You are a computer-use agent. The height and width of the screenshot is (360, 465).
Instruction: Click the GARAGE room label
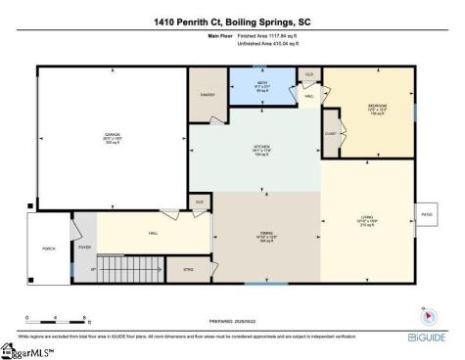click(x=113, y=136)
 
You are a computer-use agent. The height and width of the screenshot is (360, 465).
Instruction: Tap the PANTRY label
click(x=207, y=96)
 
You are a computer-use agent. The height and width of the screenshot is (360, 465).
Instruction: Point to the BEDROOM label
click(x=377, y=105)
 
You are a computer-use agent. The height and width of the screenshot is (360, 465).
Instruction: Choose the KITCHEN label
click(x=263, y=149)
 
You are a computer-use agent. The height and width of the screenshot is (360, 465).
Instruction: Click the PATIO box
click(x=427, y=213)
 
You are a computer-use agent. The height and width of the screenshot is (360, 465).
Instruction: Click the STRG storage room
click(x=188, y=267)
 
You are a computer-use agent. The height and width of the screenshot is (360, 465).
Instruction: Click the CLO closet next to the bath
click(x=309, y=74)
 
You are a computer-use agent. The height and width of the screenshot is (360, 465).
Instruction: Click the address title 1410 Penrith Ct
click(x=232, y=21)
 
